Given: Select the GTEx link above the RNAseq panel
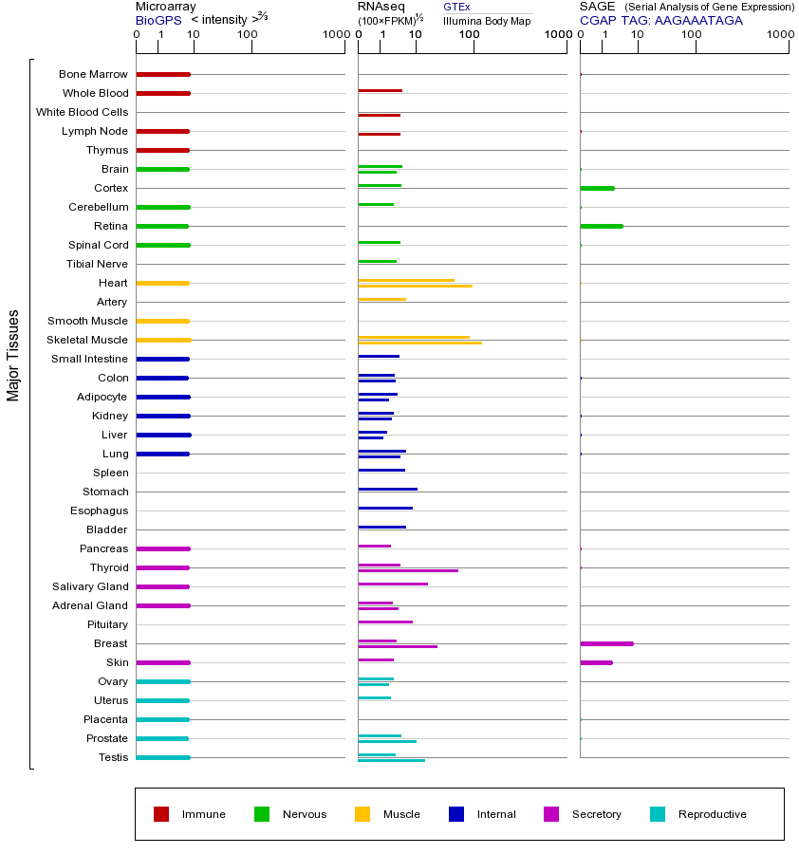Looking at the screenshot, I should (456, 8).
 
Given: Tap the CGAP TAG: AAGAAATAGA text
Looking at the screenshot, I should (661, 20).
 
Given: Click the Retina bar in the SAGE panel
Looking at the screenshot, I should (601, 226).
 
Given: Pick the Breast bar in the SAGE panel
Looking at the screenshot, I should (606, 643).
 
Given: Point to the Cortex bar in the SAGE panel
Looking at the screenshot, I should (597, 188).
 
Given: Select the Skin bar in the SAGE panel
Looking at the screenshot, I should (596, 662).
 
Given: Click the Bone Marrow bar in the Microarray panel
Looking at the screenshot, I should (163, 74).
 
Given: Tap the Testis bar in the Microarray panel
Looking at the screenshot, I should (163, 757).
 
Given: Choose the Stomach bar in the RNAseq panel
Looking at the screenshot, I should (387, 489).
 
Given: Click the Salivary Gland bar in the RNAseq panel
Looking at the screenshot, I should (393, 584).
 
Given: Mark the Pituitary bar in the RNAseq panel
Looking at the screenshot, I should (385, 622).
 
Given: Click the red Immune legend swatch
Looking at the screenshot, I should (161, 814).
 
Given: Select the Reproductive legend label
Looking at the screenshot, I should (712, 814).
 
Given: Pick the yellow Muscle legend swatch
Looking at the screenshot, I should (362, 814).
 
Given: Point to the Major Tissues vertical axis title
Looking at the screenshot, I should (13, 355).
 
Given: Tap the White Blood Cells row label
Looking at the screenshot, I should (82, 112).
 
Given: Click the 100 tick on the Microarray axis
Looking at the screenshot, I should (248, 35).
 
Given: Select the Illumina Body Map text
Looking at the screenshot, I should (487, 21).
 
